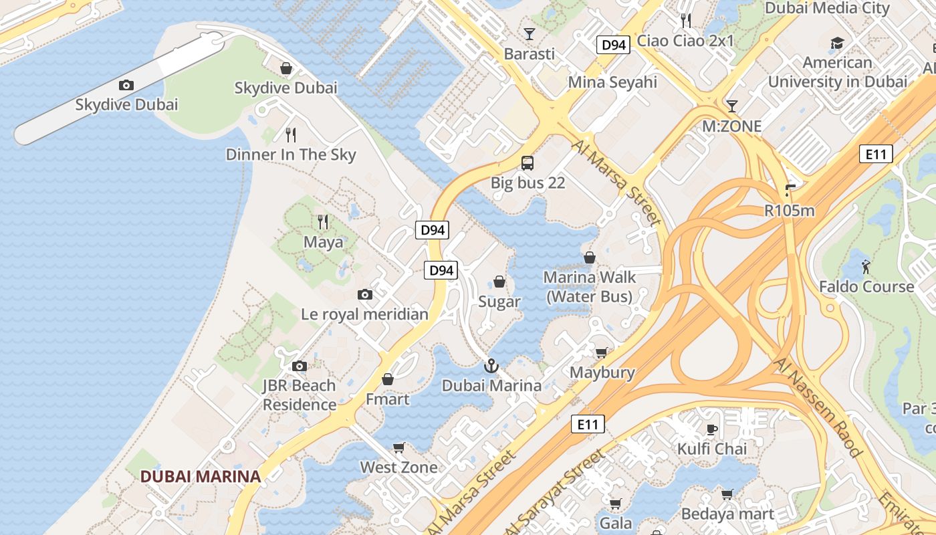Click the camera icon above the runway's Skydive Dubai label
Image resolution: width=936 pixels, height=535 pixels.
[126, 85]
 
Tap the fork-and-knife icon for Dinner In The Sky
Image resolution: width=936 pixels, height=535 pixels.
[291, 135]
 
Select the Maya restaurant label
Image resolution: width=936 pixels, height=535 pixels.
[323, 241]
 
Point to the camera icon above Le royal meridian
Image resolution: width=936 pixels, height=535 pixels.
[364, 294]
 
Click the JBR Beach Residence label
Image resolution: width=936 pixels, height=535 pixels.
[299, 395]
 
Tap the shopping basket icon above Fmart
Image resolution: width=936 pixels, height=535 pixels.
[387, 379]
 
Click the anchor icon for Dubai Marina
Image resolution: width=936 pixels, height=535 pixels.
[491, 366]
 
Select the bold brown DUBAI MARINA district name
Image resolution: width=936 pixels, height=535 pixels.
[200, 476]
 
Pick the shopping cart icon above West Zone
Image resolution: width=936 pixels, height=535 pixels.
[399, 447]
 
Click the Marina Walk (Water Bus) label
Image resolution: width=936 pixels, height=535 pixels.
[589, 286]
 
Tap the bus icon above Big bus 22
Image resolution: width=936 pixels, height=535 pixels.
[528, 163]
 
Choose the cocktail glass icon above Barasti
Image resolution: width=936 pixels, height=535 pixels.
[530, 33]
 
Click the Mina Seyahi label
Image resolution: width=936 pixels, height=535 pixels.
[612, 82]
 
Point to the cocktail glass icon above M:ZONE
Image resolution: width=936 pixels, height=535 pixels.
[732, 106]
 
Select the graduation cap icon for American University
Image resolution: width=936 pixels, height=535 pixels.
[837, 43]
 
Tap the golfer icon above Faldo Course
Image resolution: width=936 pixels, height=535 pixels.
[866, 266]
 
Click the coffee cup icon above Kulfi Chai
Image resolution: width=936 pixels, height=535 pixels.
[712, 429]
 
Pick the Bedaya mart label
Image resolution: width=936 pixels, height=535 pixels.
[727, 514]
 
